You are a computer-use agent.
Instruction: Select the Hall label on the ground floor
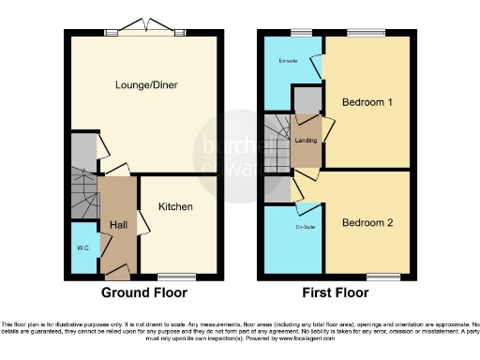tap(118, 225)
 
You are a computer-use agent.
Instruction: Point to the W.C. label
tap(83, 248)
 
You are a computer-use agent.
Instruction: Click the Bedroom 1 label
tap(367, 101)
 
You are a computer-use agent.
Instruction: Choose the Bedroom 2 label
tap(367, 223)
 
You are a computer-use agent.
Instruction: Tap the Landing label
tap(305, 141)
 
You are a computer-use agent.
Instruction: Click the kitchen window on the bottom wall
tap(175, 277)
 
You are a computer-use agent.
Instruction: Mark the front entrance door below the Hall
tap(118, 272)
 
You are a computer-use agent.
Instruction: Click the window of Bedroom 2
tap(382, 277)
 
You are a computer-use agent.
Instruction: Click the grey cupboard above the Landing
tap(306, 97)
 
